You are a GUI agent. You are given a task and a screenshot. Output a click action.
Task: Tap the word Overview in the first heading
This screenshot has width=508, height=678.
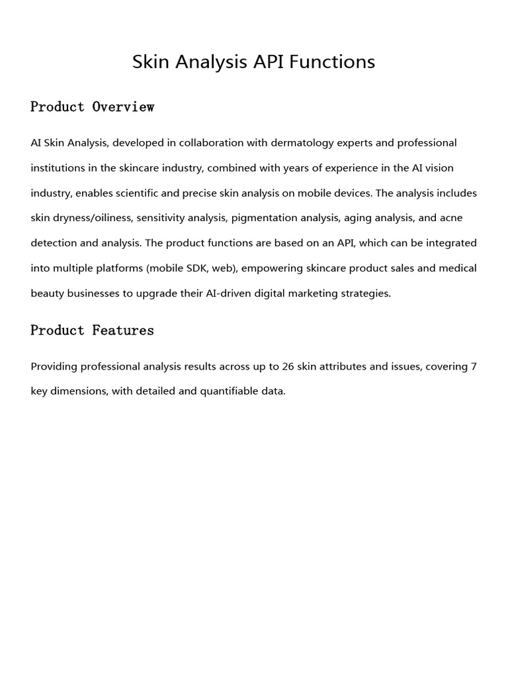point(123,107)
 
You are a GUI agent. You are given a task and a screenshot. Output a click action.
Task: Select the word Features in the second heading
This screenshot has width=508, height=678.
point(123,330)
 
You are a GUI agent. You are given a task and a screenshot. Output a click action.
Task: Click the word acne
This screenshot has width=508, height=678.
point(452,218)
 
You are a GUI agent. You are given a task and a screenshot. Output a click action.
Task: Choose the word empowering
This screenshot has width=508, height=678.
point(270,268)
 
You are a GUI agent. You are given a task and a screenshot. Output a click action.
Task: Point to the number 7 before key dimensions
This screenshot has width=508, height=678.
point(474,366)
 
